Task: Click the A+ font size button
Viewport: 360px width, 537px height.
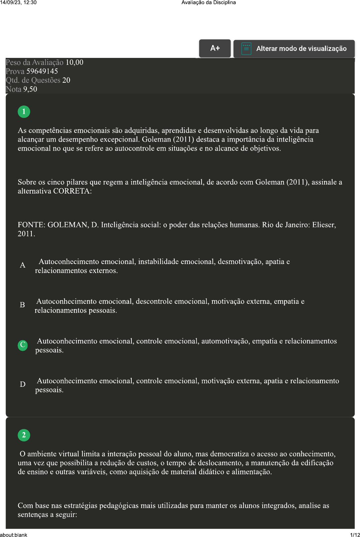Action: pyautogui.click(x=215, y=48)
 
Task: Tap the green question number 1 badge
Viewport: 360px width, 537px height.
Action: pyautogui.click(x=24, y=112)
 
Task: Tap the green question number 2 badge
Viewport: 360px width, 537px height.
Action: pyautogui.click(x=24, y=435)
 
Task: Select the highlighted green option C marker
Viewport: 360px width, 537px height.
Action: pyautogui.click(x=22, y=345)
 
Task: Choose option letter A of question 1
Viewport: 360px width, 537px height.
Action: pyautogui.click(x=22, y=265)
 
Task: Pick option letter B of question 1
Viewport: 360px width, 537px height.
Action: pyautogui.click(x=22, y=305)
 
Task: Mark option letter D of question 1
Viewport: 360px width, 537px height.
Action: pyautogui.click(x=22, y=384)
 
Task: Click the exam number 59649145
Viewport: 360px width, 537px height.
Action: pyautogui.click(x=42, y=71)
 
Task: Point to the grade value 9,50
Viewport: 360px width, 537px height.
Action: pyautogui.click(x=30, y=89)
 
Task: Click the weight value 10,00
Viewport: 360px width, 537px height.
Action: pyautogui.click(x=74, y=63)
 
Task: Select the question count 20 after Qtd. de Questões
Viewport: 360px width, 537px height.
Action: pyautogui.click(x=66, y=80)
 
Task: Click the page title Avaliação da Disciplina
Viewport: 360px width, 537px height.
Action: pyautogui.click(x=208, y=3)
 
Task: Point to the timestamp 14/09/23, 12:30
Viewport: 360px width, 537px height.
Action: pyautogui.click(x=18, y=3)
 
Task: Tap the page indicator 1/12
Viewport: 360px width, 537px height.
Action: pyautogui.click(x=355, y=535)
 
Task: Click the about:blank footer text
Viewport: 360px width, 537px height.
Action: pyautogui.click(x=14, y=535)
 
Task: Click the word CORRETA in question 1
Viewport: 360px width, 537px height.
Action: pyautogui.click(x=71, y=191)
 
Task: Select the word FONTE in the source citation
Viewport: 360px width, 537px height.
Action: pyautogui.click(x=31, y=225)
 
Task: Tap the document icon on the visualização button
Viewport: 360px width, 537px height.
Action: pyautogui.click(x=246, y=49)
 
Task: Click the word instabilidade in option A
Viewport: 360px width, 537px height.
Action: pyautogui.click(x=158, y=262)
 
